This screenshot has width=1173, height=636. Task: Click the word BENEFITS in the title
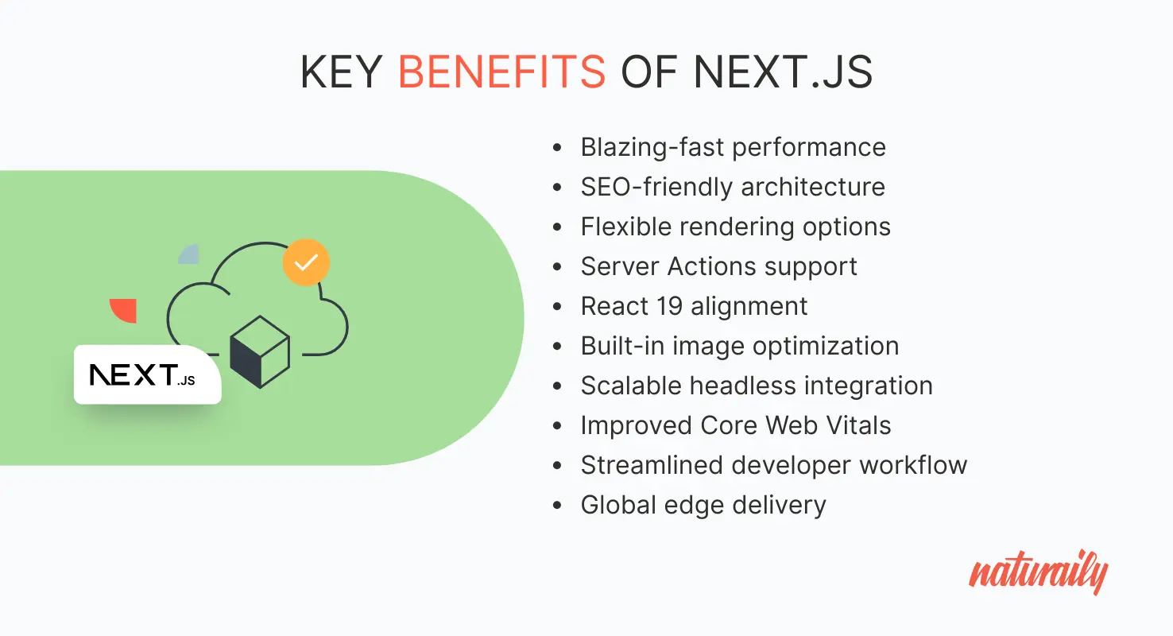coord(501,73)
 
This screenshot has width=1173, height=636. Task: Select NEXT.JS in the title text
coord(783,73)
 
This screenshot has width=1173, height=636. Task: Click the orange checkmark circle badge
coord(306,262)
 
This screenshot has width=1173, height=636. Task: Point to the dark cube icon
coord(259,351)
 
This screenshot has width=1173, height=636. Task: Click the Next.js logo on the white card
coord(143,375)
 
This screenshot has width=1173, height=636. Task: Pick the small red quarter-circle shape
coord(126,309)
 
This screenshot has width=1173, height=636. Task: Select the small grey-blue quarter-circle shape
coord(190,254)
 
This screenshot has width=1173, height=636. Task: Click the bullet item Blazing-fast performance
coord(733,147)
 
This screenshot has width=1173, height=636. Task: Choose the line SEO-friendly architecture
coord(733,187)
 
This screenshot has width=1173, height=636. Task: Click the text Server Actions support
coord(718,266)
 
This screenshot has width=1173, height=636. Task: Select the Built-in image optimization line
coord(739,346)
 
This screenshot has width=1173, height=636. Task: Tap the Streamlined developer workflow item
coord(773,465)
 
